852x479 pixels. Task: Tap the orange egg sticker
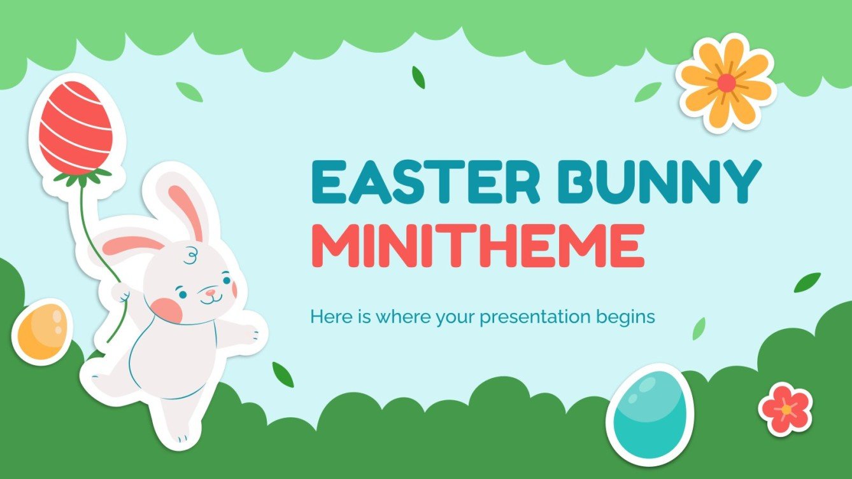coord(42,330)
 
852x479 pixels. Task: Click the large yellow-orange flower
coord(727,82)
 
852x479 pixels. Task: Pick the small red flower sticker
coord(786,409)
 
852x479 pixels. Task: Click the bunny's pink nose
coord(210,293)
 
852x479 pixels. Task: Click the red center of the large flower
coord(727,82)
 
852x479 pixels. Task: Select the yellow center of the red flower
coord(786,410)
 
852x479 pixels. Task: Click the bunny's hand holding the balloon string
coord(120,292)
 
